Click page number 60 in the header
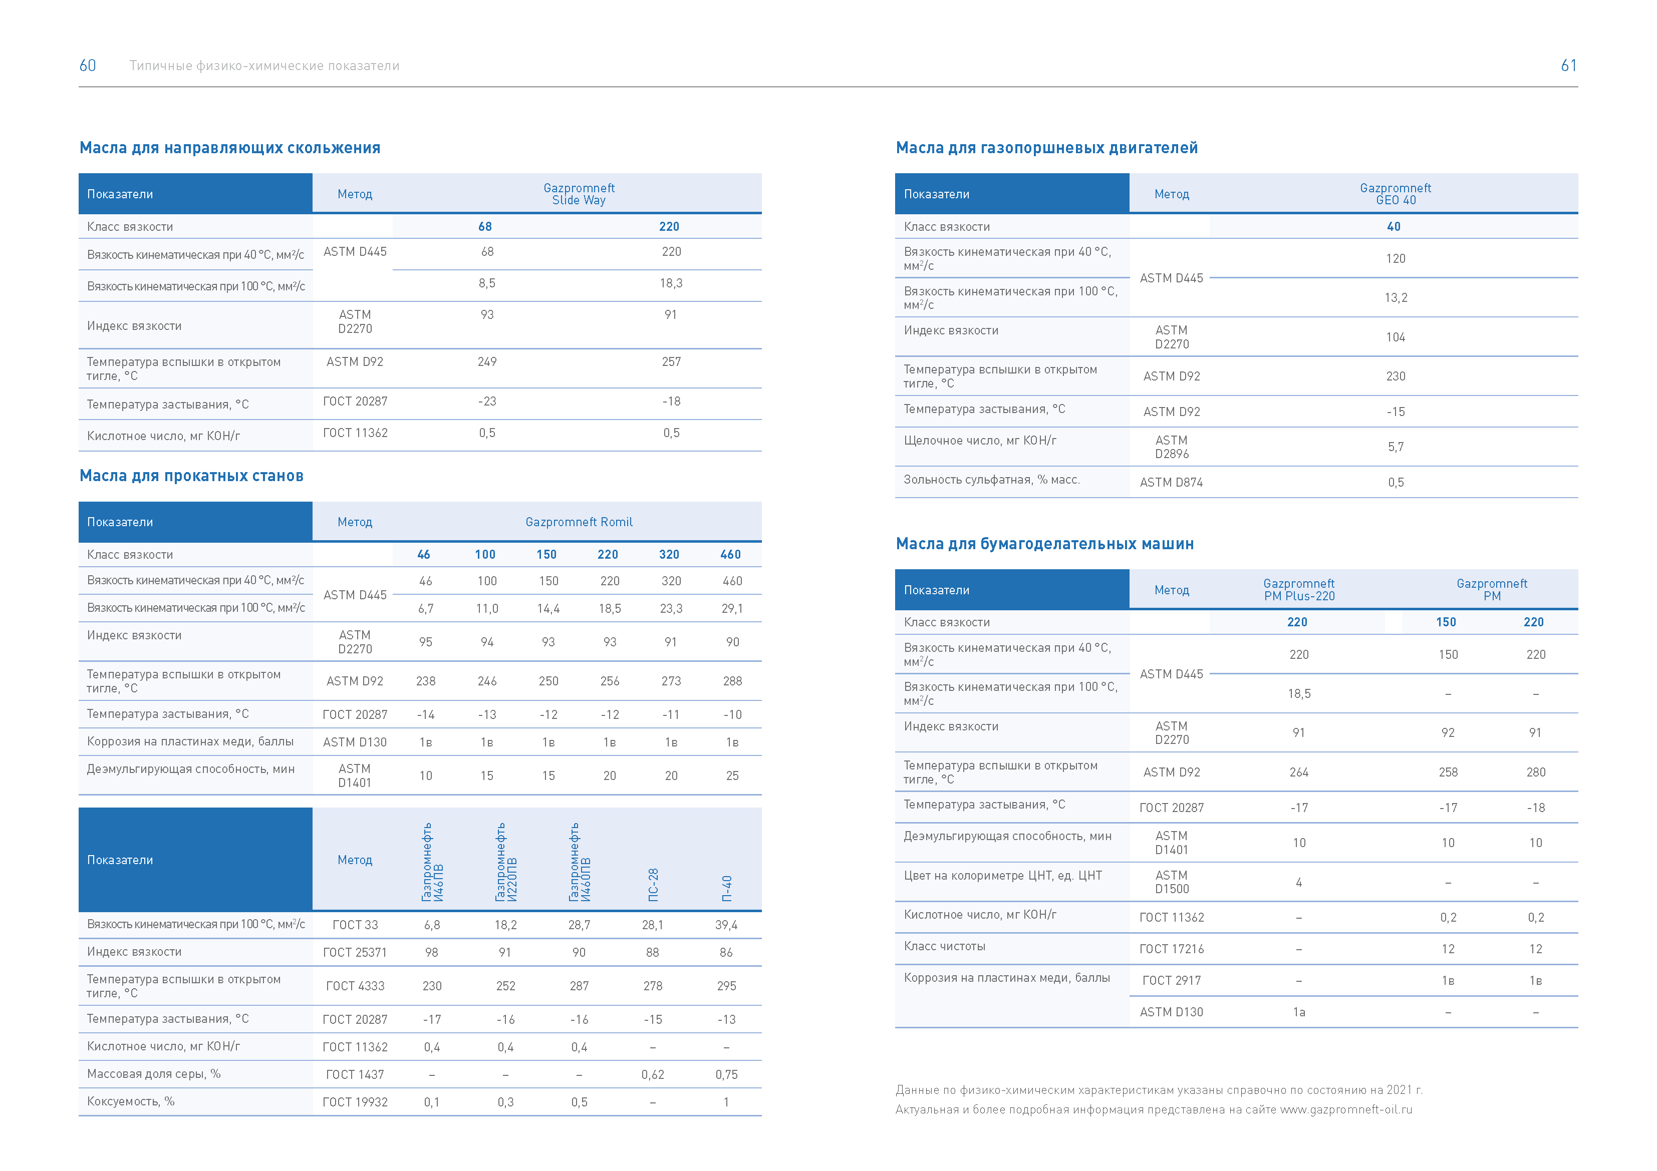click(87, 66)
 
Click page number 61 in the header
click(1568, 66)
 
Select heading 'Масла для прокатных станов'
click(191, 476)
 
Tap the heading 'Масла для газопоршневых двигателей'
click(1046, 148)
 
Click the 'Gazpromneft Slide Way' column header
click(579, 194)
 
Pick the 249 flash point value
click(487, 362)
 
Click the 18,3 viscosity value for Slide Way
click(670, 283)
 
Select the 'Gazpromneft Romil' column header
click(579, 522)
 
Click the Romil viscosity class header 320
click(669, 555)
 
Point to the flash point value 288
click(732, 681)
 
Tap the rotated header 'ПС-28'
click(653, 885)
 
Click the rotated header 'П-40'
click(727, 889)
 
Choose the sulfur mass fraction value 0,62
click(652, 1075)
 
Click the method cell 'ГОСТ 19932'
click(355, 1102)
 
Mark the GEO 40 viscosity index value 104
click(1395, 337)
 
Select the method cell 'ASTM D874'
click(1171, 483)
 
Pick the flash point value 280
click(1536, 772)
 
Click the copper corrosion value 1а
click(1299, 1013)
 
